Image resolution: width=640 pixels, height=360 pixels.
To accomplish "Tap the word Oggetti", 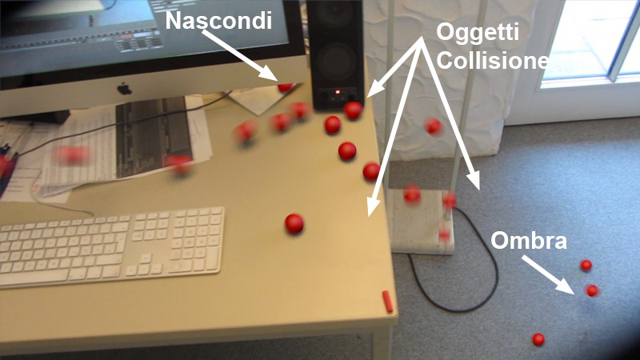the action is [478, 32].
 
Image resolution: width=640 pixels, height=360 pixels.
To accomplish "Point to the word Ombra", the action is [529, 240].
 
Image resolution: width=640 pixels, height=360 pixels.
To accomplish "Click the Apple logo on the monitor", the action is [125, 88].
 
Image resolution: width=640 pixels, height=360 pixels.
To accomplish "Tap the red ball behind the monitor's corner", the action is [286, 87].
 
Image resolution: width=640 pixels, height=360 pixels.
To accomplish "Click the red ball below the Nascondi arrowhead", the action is [286, 87].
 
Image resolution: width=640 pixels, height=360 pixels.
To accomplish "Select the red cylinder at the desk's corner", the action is [387, 302].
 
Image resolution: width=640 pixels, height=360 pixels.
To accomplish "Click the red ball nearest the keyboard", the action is [294, 224].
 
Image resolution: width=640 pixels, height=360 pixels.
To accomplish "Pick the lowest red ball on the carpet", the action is [538, 339].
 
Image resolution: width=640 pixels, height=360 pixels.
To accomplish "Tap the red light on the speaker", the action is [338, 92].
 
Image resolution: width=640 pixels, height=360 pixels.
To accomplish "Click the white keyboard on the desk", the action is [111, 246].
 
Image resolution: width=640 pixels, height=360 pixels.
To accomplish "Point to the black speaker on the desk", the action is [335, 54].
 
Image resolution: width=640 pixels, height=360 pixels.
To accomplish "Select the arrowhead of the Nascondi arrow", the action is [270, 74].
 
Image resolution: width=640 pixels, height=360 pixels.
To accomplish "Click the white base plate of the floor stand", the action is [421, 222].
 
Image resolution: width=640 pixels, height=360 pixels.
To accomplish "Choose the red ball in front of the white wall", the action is [433, 126].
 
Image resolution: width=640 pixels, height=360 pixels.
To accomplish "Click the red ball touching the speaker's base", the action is [353, 110].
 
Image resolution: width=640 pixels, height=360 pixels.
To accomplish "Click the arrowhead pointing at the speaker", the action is [376, 89].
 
